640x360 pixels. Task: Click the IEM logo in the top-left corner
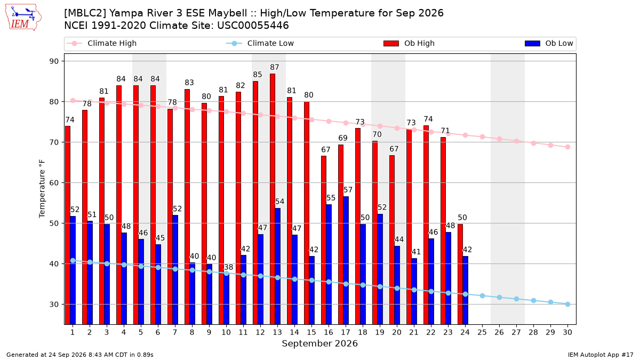coord(23,18)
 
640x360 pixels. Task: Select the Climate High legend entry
coord(102,43)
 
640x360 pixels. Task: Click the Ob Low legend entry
coord(549,43)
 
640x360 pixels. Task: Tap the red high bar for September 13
coord(273,199)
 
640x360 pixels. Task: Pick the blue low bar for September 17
coord(346,260)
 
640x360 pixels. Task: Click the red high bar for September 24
coord(460,274)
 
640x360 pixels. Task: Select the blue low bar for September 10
coord(227,298)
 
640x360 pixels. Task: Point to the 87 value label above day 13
coord(275,67)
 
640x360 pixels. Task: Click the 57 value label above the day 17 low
coord(348,190)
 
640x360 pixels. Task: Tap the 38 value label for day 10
coord(229,267)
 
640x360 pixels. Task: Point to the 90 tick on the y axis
coord(54,61)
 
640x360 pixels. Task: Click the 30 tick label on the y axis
coord(54,305)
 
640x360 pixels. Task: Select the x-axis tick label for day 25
coord(482,332)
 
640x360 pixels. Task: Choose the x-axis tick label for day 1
coord(73,332)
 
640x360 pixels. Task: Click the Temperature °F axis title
coord(42,189)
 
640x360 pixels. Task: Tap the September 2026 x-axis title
coord(319,343)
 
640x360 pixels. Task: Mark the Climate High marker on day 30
coord(567,147)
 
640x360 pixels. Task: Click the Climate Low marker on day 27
coord(517,299)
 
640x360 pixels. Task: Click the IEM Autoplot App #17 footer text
coord(601,355)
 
